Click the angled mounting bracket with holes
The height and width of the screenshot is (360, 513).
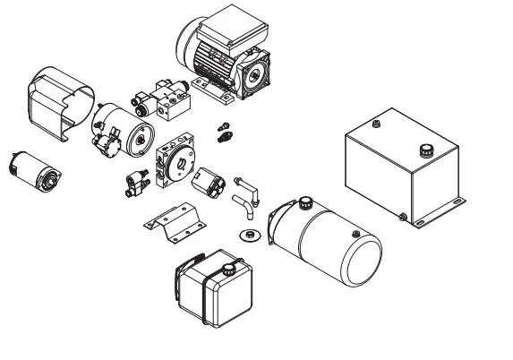173,220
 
